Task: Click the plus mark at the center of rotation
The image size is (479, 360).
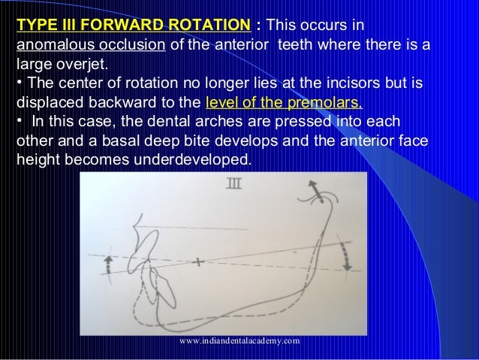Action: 197,262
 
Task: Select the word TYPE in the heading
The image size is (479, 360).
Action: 34,26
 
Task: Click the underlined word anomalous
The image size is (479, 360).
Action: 48,45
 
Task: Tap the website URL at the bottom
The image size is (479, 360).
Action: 239,340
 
